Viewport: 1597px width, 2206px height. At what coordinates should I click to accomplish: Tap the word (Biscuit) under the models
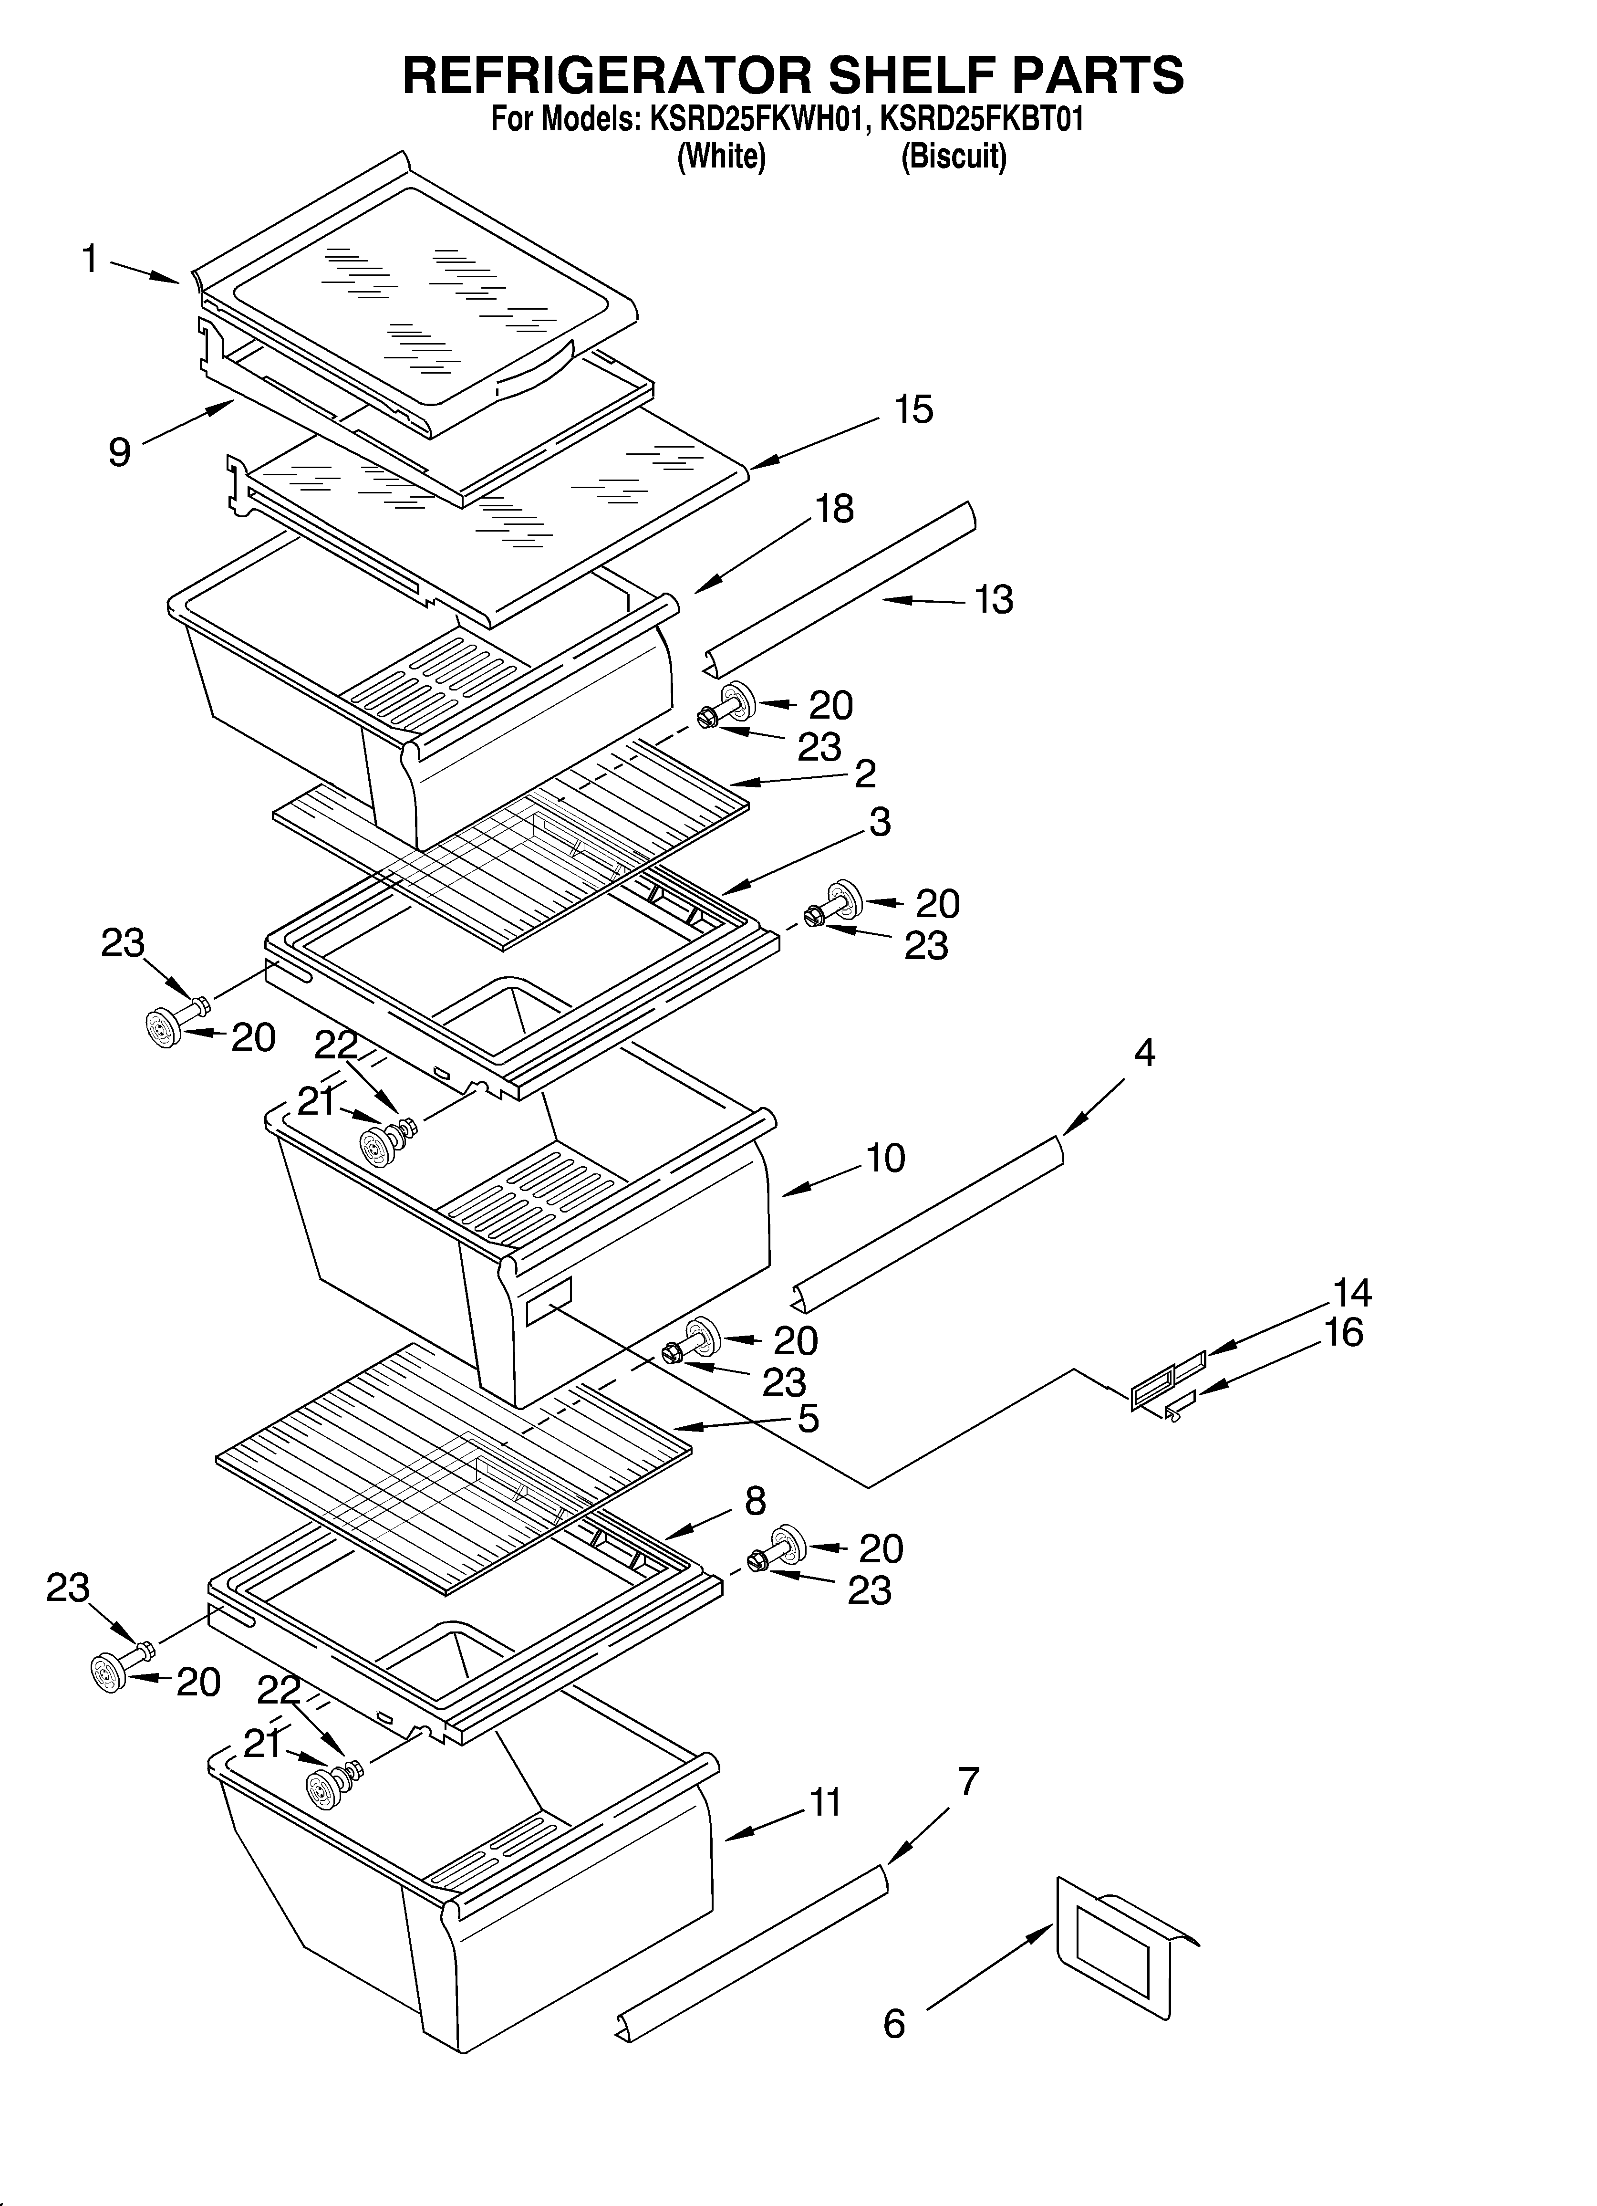[953, 156]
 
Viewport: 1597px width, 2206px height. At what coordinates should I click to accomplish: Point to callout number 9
[119, 452]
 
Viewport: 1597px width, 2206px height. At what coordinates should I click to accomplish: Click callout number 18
[834, 509]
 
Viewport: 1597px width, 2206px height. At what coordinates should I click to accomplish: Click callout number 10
[885, 1158]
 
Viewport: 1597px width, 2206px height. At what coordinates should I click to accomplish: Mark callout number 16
[1343, 1333]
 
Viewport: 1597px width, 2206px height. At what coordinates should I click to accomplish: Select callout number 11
[825, 1802]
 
